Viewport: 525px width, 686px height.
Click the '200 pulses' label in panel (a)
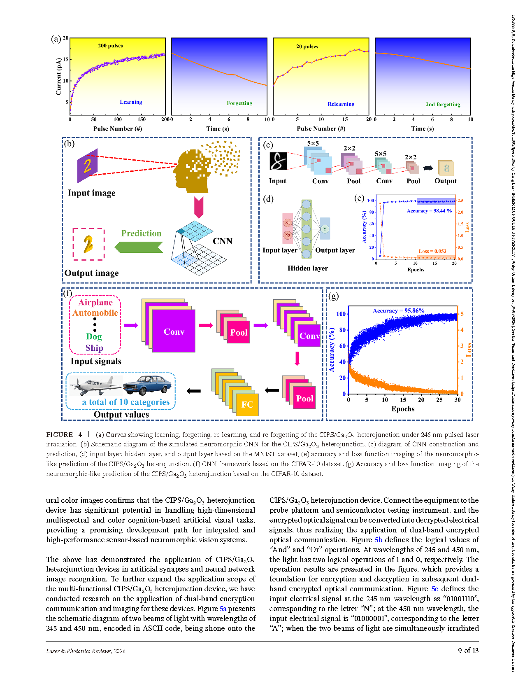pos(110,46)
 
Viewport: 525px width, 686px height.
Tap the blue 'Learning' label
pos(131,102)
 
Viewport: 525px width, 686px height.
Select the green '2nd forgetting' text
pos(443,105)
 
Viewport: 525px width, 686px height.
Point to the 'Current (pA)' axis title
pos(58,77)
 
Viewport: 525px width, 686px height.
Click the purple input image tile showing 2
pos(87,166)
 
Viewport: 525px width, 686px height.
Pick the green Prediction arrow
pos(139,247)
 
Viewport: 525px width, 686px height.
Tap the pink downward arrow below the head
pos(199,207)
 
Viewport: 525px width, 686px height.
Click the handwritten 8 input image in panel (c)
pos(278,161)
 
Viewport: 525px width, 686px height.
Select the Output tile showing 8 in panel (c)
pos(446,168)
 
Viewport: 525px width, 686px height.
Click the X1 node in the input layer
pos(288,223)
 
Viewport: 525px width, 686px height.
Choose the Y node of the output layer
pos(325,229)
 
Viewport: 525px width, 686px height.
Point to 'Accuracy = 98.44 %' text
pos(429,211)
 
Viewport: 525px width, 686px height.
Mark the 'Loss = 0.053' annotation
pos(432,251)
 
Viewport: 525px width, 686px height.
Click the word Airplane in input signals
pos(95,302)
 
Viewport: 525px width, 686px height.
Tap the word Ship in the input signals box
pos(94,348)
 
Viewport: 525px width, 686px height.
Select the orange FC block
pos(247,404)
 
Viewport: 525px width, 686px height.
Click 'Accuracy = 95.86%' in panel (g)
pos(399,310)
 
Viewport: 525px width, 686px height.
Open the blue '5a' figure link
pos(223,609)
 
